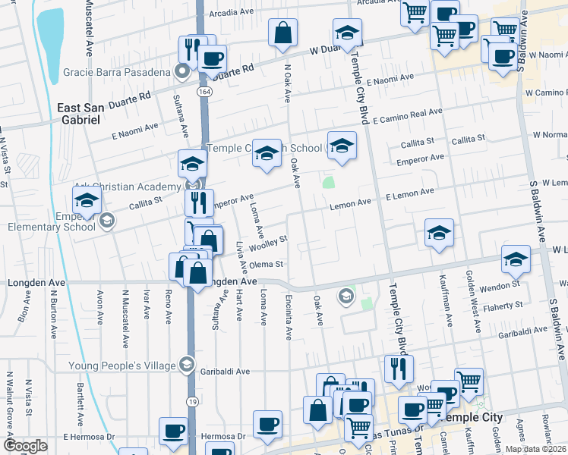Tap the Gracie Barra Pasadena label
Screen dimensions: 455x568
click(117, 73)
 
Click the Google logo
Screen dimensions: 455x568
click(25, 446)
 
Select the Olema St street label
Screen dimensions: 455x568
click(267, 265)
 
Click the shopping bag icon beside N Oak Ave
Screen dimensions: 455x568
click(282, 33)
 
